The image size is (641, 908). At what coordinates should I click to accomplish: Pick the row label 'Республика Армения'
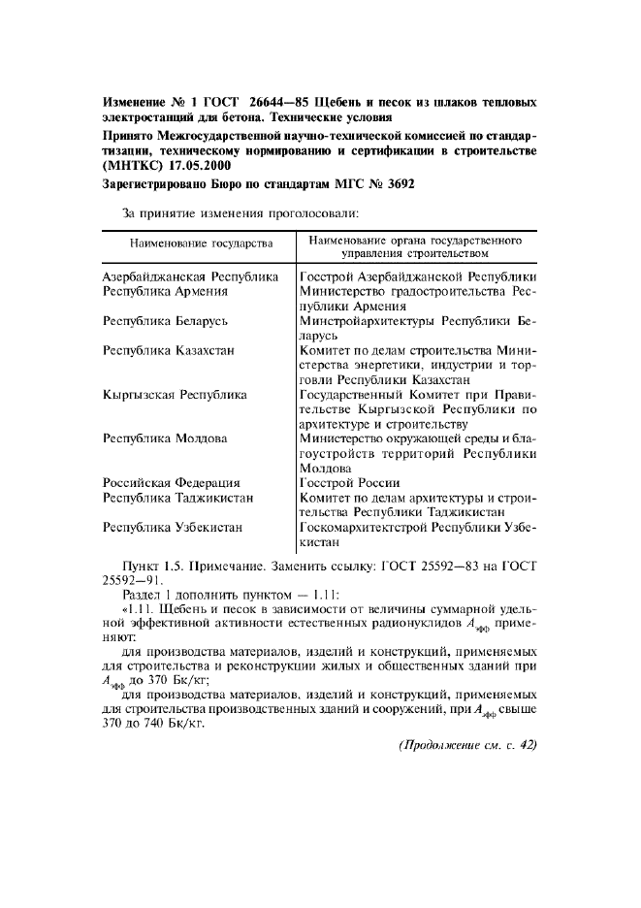[x=166, y=290]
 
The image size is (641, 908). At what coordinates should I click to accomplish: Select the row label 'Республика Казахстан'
[x=169, y=349]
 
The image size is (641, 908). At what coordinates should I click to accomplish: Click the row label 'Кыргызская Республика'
[x=175, y=394]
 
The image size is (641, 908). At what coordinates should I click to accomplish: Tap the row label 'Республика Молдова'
[x=166, y=438]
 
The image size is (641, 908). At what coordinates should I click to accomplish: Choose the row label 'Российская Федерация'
[x=172, y=482]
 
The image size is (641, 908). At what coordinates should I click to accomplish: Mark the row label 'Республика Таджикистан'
[x=178, y=497]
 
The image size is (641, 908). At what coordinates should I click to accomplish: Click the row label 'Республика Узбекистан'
[x=173, y=527]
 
